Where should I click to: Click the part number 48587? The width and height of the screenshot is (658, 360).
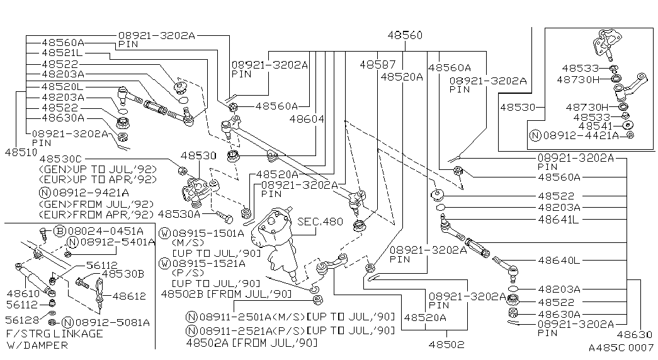[x=378, y=64]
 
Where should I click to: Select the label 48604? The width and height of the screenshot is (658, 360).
[x=307, y=118]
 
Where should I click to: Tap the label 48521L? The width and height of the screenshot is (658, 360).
[x=62, y=53]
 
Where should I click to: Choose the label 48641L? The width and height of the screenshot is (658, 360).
[x=558, y=219]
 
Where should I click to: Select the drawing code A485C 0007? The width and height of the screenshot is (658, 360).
[x=620, y=347]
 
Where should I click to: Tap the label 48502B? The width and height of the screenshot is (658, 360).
[x=182, y=293]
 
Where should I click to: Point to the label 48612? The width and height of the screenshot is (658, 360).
[x=128, y=295]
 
